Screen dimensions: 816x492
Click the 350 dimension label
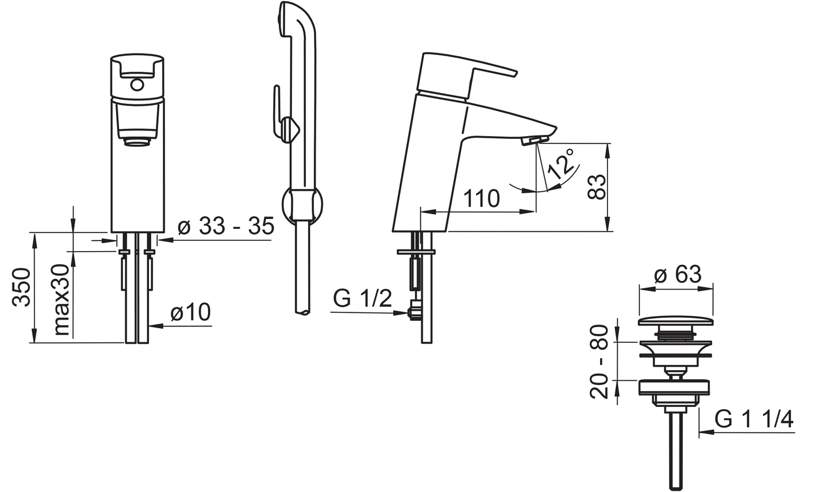21,287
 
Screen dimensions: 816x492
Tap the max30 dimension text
61,300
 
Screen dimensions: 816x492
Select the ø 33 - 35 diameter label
226,226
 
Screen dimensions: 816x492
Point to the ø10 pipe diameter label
190,312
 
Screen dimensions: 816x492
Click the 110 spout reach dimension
482,198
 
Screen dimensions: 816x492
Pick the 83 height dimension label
597,187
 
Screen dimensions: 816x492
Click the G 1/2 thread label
363,299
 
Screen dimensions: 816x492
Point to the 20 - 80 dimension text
599,362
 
